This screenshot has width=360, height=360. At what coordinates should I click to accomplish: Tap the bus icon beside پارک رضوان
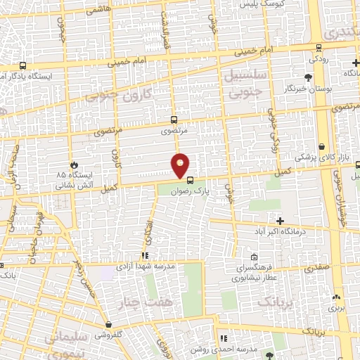click(x=190, y=179)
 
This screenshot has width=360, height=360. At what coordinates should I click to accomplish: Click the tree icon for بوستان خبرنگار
click(x=308, y=78)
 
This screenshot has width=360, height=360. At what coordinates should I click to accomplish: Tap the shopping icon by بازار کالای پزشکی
click(x=321, y=147)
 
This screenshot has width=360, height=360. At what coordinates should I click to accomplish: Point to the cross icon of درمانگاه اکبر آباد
click(x=280, y=221)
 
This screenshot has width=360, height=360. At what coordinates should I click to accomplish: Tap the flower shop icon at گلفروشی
click(x=108, y=325)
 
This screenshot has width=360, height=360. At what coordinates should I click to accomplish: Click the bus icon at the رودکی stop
click(x=319, y=48)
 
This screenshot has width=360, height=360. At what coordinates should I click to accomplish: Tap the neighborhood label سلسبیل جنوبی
click(x=243, y=82)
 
